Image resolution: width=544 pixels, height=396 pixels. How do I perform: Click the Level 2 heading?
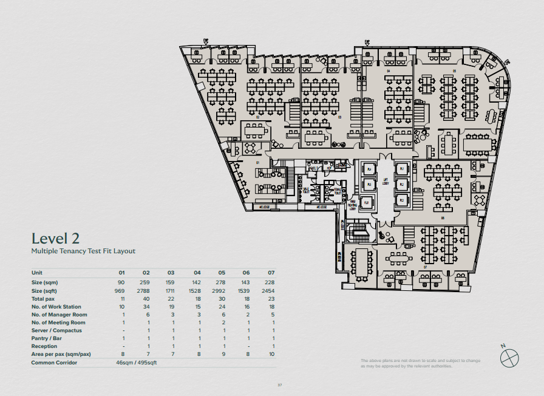click(56, 238)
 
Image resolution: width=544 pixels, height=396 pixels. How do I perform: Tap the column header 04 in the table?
click(197, 273)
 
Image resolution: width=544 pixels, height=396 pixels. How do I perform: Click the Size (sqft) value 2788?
click(144, 291)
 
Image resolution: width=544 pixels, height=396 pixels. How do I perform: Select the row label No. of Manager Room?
click(59, 315)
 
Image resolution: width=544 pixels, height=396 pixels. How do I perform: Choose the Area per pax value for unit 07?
click(272, 354)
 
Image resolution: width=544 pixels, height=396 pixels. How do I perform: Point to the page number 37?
click(280, 384)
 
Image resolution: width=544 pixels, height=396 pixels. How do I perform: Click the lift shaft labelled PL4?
click(368, 169)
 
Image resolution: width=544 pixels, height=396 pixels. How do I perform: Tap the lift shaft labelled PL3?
click(401, 200)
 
